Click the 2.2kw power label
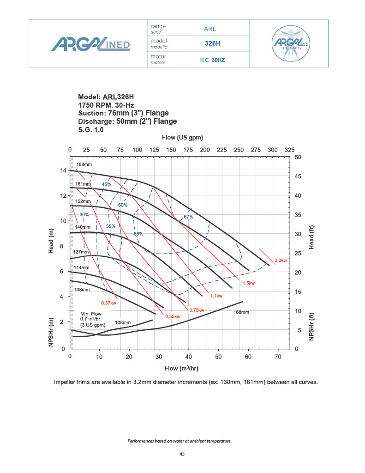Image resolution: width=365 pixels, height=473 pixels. [x=281, y=260]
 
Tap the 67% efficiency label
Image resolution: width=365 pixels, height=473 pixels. [x=188, y=217]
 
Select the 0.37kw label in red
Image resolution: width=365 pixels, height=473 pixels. [x=108, y=303]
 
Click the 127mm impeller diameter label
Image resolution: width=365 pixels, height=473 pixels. [x=81, y=252]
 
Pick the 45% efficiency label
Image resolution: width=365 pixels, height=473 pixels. [x=107, y=184]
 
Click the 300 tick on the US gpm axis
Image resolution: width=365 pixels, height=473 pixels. [x=273, y=150]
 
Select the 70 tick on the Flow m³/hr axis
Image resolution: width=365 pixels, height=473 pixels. [x=278, y=357]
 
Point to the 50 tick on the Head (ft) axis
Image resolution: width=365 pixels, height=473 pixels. [x=298, y=158]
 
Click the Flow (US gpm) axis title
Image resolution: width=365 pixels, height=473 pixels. [x=182, y=138]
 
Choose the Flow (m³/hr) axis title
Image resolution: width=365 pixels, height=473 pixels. [x=181, y=368]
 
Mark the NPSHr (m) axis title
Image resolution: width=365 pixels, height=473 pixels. [x=52, y=333]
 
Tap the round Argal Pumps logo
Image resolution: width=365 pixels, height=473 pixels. [x=291, y=43]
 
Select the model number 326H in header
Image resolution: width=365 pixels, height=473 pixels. [x=213, y=44]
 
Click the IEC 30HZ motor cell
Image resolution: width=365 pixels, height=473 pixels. [x=212, y=60]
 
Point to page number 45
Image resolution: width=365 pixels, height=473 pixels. [x=182, y=454]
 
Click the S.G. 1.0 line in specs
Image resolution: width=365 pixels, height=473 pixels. [x=91, y=130]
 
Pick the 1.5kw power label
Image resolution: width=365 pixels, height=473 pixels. [x=248, y=283]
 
